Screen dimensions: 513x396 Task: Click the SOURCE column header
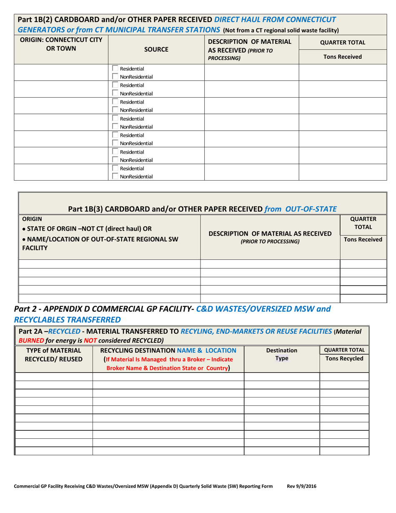pos(156,49)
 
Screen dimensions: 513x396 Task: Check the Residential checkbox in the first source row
pos(115,68)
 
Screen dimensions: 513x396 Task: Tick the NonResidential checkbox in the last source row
pos(115,176)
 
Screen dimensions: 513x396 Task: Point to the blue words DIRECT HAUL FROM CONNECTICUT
pos(275,20)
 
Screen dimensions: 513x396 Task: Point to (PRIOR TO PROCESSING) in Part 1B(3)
pos(270,241)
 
